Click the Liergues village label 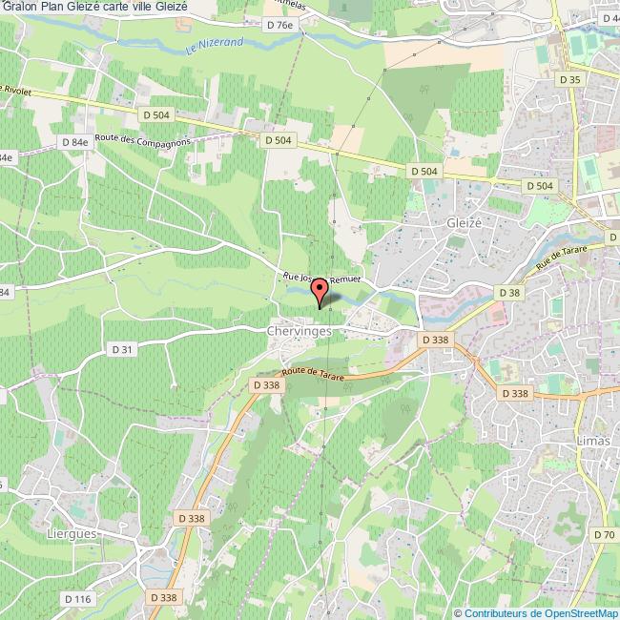coord(72,534)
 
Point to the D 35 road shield coord(570,80)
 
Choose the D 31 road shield coord(122,350)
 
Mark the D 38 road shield coord(506,293)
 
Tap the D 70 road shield coord(603,535)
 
